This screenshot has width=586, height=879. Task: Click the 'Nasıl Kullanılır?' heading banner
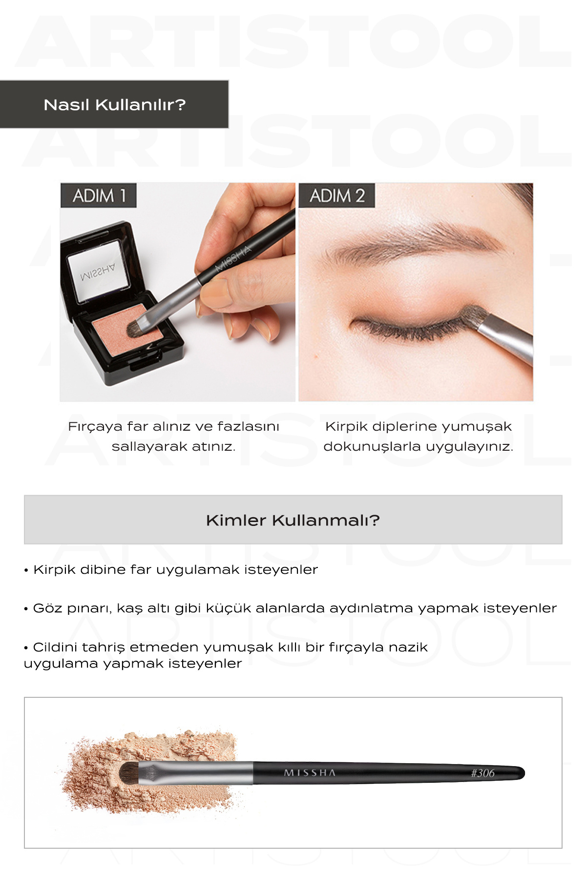pyautogui.click(x=114, y=105)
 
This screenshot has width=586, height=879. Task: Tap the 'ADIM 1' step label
pyautogui.click(x=99, y=196)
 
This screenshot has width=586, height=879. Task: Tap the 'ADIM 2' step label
pyautogui.click(x=337, y=196)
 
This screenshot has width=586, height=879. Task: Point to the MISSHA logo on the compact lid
pyautogui.click(x=98, y=272)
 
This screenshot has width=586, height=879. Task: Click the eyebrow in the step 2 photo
pyautogui.click(x=415, y=242)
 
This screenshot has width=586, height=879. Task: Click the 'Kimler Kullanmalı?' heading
pyautogui.click(x=293, y=520)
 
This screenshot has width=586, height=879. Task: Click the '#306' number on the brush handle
pyautogui.click(x=482, y=773)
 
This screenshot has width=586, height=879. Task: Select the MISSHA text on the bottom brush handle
pyautogui.click(x=310, y=773)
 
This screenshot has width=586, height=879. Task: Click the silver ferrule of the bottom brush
pyautogui.click(x=195, y=773)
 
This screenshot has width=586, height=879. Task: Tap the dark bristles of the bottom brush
pyautogui.click(x=129, y=773)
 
